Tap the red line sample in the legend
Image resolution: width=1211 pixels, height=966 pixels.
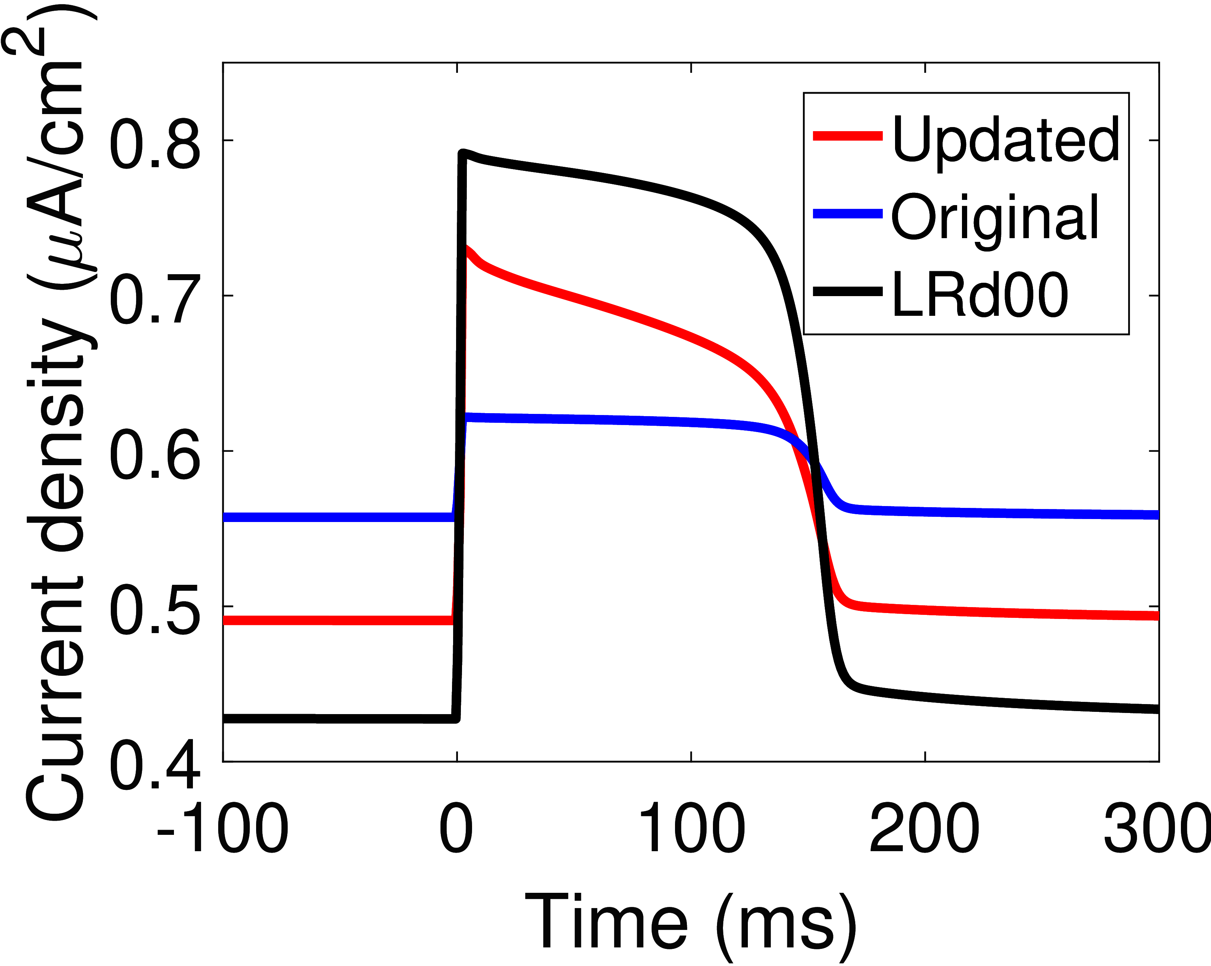click(847, 135)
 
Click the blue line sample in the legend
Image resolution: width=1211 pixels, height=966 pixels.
click(847, 213)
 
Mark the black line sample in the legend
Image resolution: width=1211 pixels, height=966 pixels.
click(847, 291)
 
